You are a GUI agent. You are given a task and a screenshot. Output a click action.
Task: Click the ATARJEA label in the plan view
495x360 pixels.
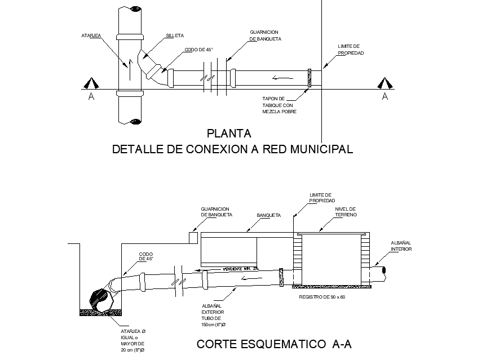(91, 35)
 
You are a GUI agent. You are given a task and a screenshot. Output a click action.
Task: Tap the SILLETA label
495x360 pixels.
(174, 35)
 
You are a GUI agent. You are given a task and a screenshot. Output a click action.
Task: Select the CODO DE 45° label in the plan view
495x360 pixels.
(198, 50)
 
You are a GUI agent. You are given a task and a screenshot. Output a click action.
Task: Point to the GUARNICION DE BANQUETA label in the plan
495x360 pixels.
(265, 35)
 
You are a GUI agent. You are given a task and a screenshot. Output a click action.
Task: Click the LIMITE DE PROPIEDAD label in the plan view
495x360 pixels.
(350, 50)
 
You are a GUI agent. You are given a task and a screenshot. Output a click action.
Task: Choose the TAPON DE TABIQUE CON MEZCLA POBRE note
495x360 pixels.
(279, 105)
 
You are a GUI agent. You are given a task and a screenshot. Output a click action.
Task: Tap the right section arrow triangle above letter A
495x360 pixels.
(385, 83)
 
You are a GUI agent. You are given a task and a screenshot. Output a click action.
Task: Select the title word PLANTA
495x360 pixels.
(228, 134)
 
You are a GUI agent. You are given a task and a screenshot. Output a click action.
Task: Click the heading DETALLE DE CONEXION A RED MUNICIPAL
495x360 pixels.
(232, 149)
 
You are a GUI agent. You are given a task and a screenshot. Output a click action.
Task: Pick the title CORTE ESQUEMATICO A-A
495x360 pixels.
(274, 344)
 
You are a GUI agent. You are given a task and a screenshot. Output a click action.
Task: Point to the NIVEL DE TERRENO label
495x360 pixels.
(346, 212)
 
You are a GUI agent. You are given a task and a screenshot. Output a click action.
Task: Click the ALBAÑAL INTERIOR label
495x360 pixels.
(401, 246)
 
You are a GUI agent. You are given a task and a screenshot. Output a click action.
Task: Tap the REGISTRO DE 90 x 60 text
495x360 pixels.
(321, 296)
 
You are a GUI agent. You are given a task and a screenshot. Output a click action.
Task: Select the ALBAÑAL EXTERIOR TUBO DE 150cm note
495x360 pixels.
(214, 315)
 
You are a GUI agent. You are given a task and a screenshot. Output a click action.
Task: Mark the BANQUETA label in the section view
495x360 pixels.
(268, 215)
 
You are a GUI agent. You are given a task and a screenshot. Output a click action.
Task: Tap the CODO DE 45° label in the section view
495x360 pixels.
(146, 256)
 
